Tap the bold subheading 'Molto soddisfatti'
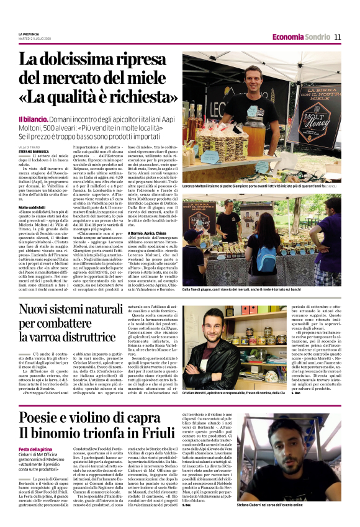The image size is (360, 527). pos(33,207)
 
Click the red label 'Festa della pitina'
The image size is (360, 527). pos(36,449)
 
